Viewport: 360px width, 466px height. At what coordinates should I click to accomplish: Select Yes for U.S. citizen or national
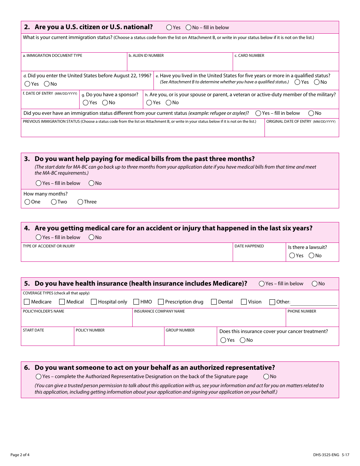pyautogui.click(x=169, y=27)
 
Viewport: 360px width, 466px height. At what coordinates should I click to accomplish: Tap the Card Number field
pyautogui.click(x=286, y=63)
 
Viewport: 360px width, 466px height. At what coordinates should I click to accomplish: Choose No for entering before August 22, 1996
pyautogui.click(x=47, y=84)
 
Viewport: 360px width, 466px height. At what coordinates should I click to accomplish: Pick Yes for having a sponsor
pyautogui.click(x=86, y=103)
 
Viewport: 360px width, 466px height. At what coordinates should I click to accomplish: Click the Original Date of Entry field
pyautogui.click(x=301, y=130)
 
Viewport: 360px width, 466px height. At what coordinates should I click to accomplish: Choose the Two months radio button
pyautogui.click(x=54, y=202)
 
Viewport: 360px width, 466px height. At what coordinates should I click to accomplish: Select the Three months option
pyautogui.click(x=80, y=202)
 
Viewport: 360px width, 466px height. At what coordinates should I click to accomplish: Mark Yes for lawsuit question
pyautogui.click(x=292, y=256)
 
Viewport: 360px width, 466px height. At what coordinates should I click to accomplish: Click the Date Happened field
pyautogui.click(x=259, y=255)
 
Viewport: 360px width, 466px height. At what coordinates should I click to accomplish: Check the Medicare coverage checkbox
pyautogui.click(x=27, y=302)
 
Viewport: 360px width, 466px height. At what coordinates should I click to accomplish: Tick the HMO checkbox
pyautogui.click(x=136, y=302)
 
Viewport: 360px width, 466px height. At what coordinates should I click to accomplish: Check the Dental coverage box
pyautogui.click(x=214, y=302)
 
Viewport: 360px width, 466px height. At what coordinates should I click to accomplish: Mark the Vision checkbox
pyautogui.click(x=244, y=302)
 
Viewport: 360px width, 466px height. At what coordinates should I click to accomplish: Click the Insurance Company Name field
pyautogui.click(x=208, y=320)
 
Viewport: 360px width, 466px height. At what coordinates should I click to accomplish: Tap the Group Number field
pyautogui.click(x=190, y=339)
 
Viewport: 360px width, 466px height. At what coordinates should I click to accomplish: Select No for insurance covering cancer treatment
pyautogui.click(x=243, y=340)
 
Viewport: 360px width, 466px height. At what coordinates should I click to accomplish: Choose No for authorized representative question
pyautogui.click(x=266, y=377)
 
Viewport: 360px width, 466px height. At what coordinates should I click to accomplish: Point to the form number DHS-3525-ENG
pyautogui.click(x=326, y=455)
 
